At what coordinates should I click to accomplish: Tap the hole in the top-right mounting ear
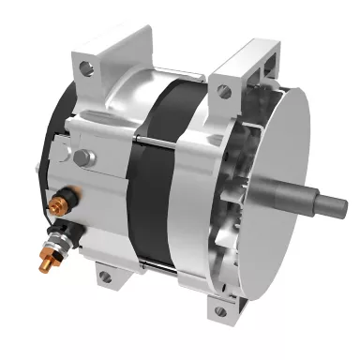(x=223, y=90)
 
